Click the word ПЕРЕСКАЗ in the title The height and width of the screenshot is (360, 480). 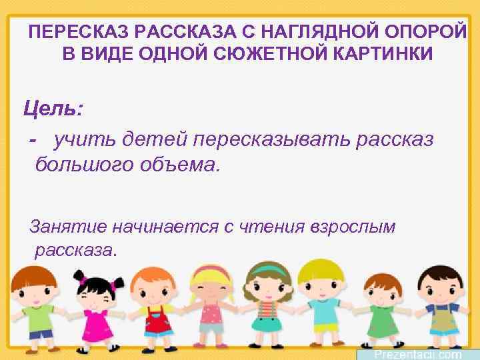click(x=67, y=31)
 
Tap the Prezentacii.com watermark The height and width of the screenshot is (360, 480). click(x=417, y=353)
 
